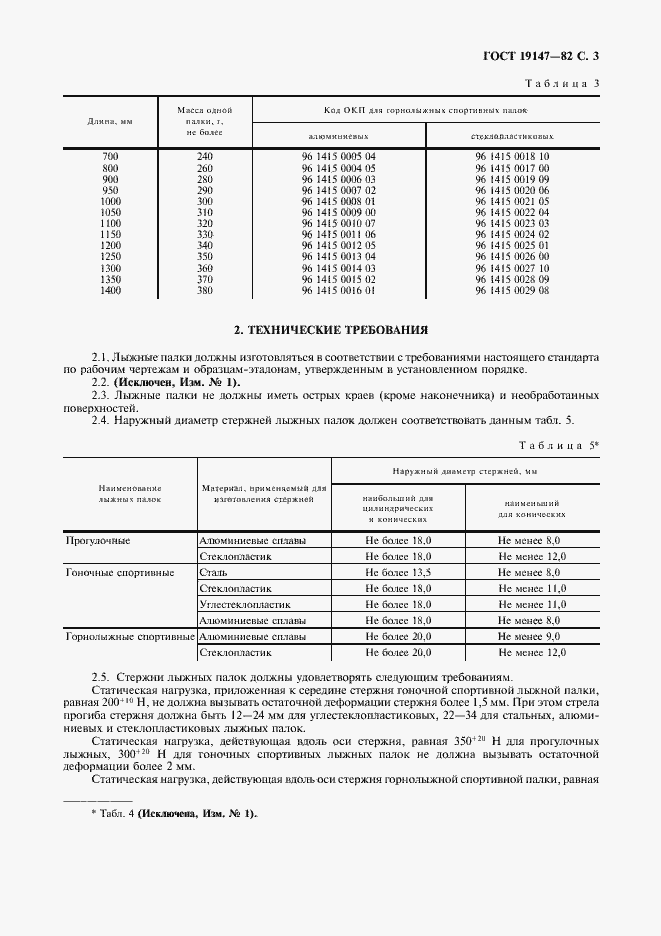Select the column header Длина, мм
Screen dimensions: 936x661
pyautogui.click(x=109, y=122)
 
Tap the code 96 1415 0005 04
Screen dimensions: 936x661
pyautogui.click(x=338, y=157)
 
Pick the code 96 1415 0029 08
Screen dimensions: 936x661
pyautogui.click(x=512, y=290)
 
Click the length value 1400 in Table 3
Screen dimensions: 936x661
pyautogui.click(x=110, y=290)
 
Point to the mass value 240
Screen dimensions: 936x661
pyautogui.click(x=205, y=157)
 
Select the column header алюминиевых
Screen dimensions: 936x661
pyautogui.click(x=338, y=135)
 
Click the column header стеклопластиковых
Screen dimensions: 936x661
pyautogui.click(x=512, y=135)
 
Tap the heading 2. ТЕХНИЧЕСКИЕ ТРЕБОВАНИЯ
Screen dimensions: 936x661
pyautogui.click(x=330, y=329)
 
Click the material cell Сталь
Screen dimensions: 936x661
pyautogui.click(x=213, y=573)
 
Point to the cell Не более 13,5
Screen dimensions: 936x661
pyautogui.click(x=398, y=573)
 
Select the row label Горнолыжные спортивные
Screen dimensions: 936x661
pyautogui.click(x=130, y=637)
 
